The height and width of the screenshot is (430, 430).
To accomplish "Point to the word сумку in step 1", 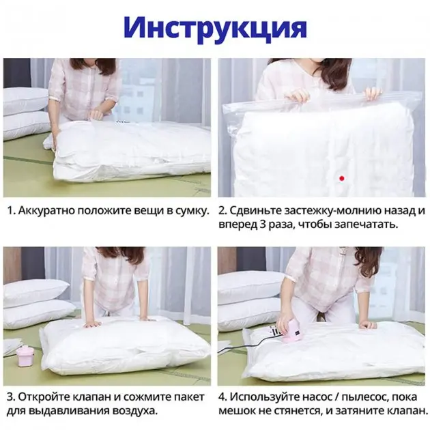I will click(190, 210).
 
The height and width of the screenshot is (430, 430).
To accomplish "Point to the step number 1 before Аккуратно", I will click(11, 210).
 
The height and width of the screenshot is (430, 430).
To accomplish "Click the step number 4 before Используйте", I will click(223, 397).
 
